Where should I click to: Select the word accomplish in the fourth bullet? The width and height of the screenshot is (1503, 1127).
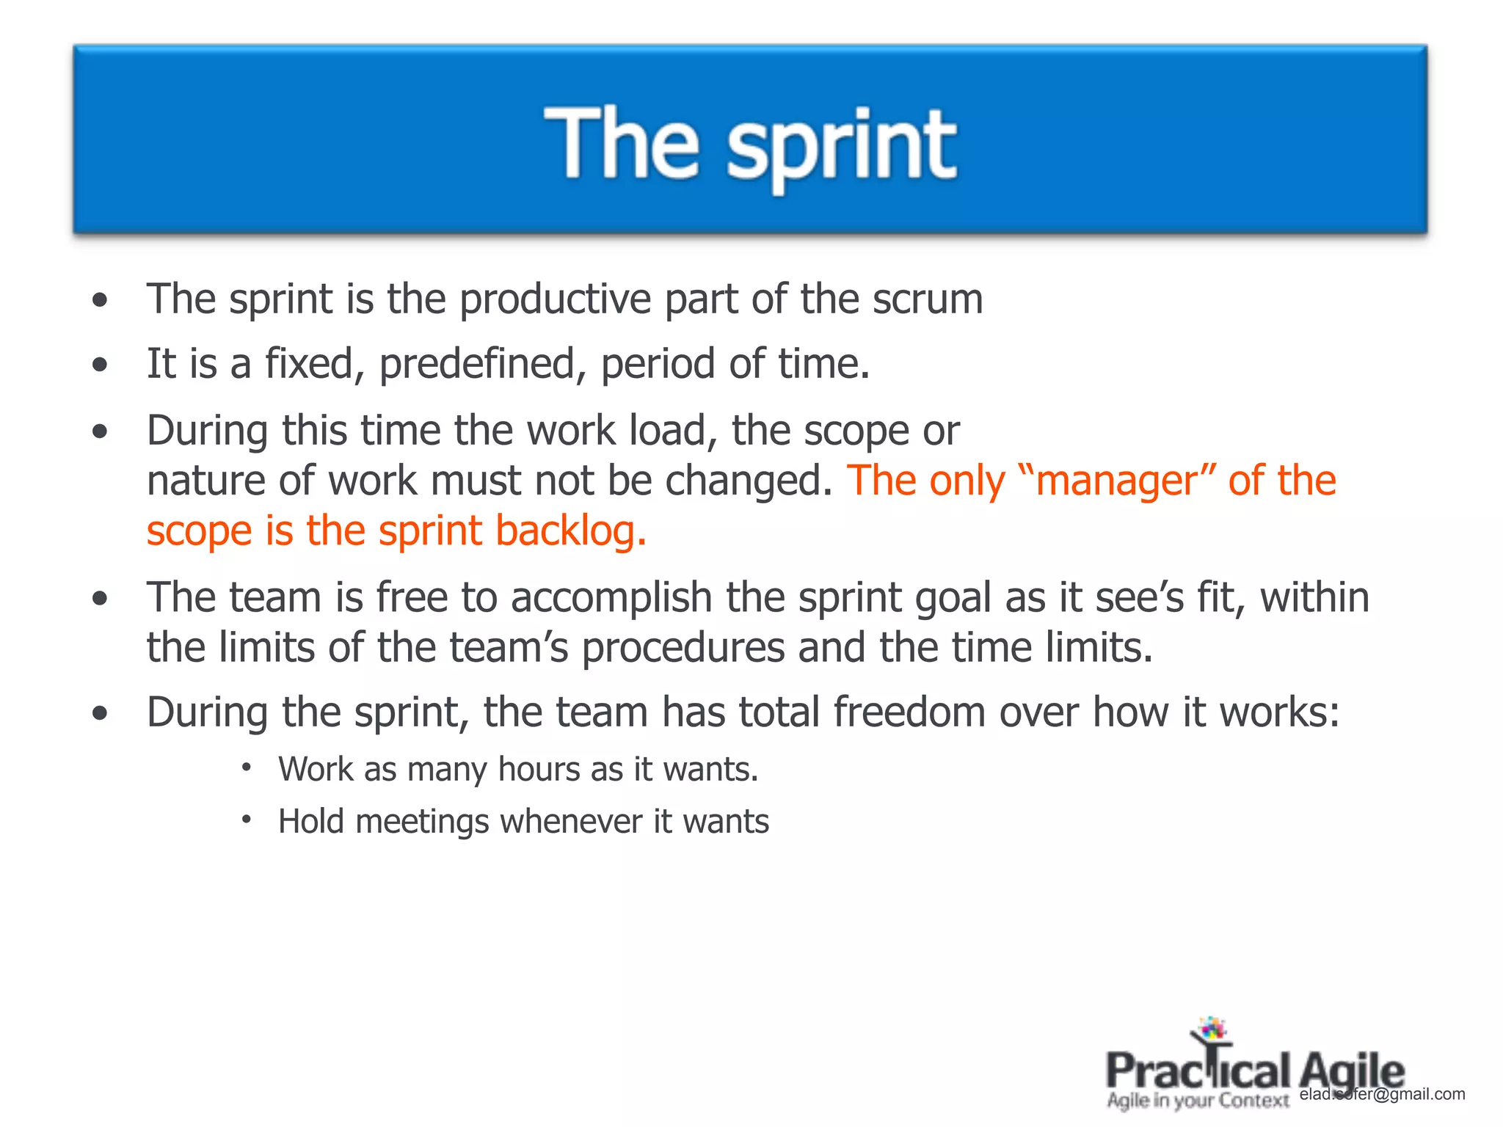coord(611,597)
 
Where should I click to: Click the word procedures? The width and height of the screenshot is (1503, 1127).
coord(683,649)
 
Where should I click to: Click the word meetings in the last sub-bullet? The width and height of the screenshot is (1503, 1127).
coord(421,821)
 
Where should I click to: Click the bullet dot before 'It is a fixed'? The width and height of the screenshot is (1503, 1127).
coord(101,365)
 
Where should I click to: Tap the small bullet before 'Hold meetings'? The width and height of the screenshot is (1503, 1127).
coord(247,819)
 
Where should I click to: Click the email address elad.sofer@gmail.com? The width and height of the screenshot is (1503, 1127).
coord(1381,1094)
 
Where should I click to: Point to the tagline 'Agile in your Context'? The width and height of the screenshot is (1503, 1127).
coord(1198,1101)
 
